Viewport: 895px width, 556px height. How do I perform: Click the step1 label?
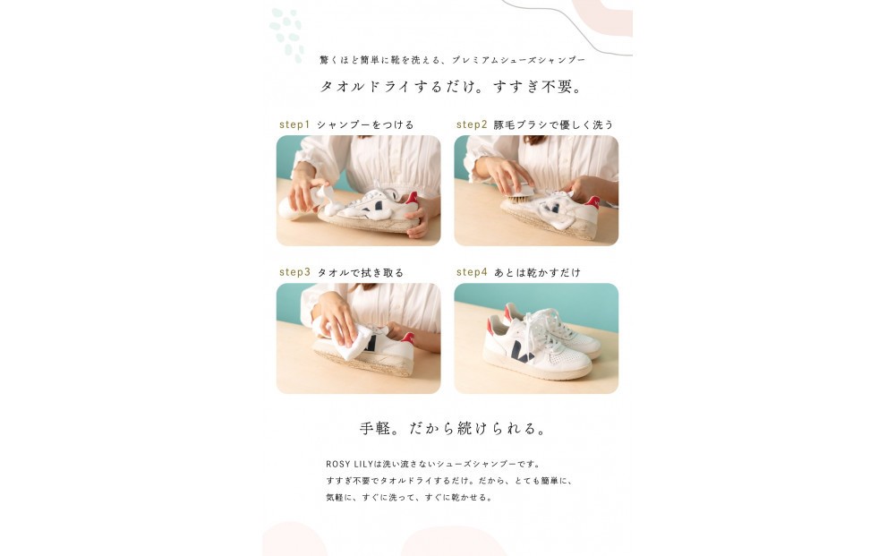point(294,124)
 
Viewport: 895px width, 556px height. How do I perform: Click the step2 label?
point(472,124)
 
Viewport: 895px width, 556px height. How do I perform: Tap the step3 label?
point(294,272)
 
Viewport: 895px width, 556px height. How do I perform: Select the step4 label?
point(472,272)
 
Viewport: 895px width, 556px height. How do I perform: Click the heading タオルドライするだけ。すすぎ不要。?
point(452,88)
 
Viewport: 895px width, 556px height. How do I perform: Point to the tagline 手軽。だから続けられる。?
point(453,428)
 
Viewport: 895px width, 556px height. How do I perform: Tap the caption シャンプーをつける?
point(365,124)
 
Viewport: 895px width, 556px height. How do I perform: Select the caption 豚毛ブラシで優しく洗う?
point(554,124)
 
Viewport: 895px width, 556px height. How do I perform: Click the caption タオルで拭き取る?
point(360,272)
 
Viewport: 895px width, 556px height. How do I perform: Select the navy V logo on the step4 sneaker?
point(524,351)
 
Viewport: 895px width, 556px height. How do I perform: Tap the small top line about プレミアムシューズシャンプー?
point(452,60)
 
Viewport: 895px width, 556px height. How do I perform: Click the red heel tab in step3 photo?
point(407,338)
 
